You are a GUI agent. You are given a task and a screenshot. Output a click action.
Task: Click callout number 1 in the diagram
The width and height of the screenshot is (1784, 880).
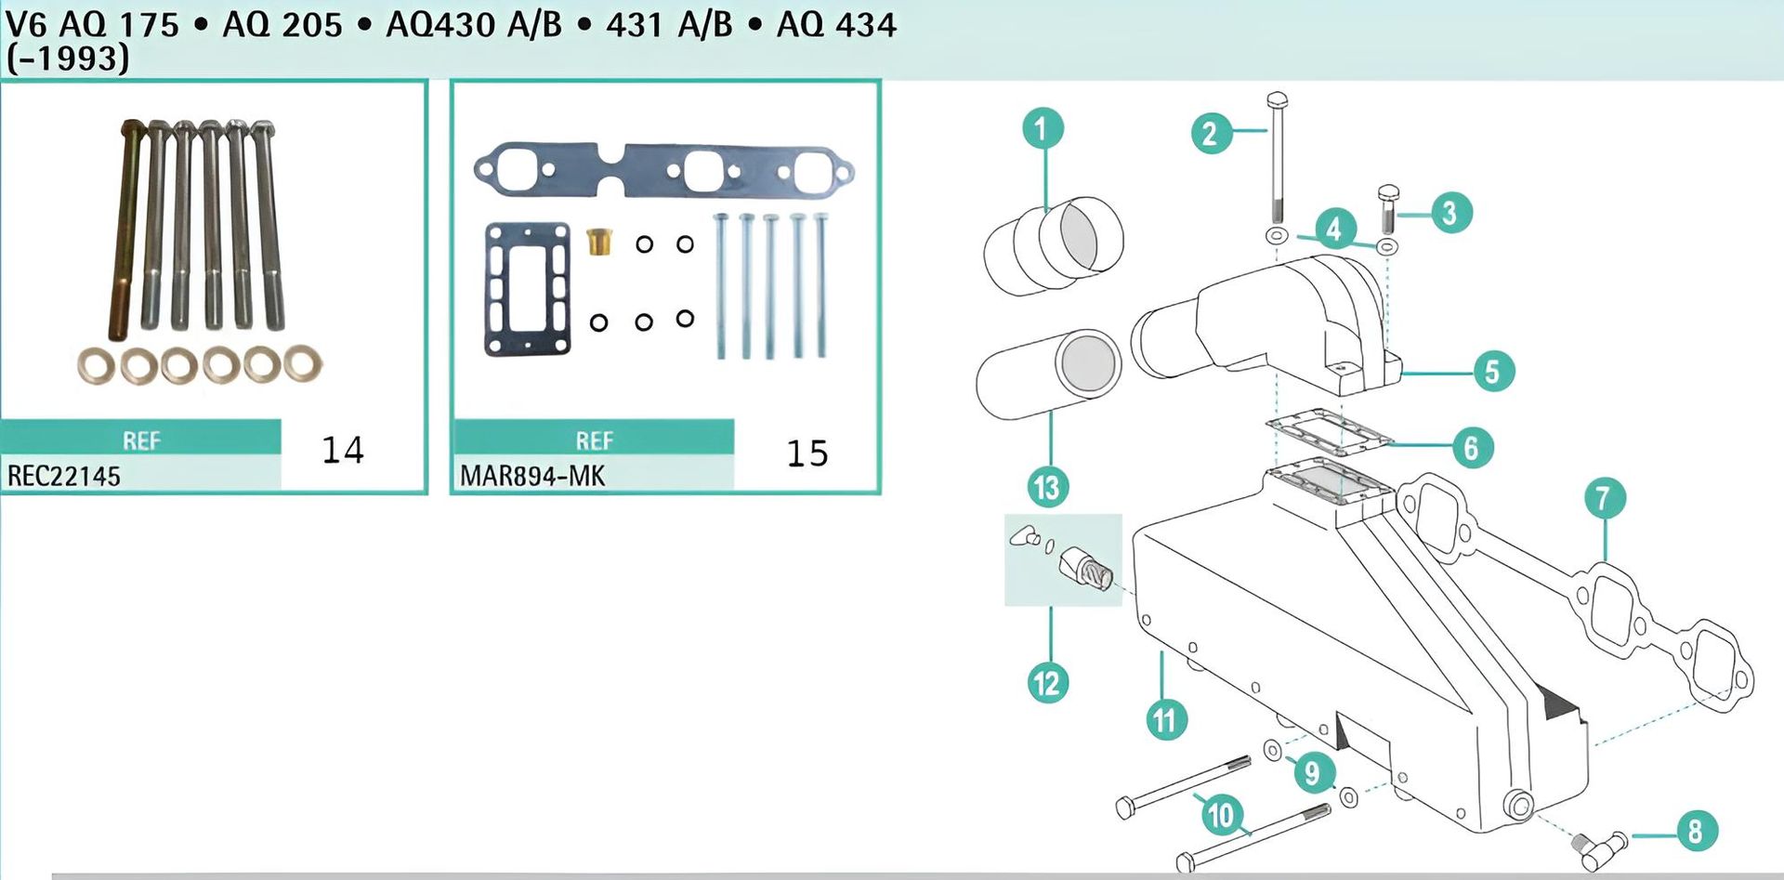pos(1043,128)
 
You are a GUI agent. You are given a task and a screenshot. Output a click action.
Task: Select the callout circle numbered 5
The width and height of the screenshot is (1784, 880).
pos(1493,371)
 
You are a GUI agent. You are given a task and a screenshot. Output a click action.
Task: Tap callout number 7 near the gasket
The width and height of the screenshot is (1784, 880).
pos(1605,499)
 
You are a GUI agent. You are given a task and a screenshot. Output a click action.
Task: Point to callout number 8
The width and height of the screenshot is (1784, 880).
pos(1696,830)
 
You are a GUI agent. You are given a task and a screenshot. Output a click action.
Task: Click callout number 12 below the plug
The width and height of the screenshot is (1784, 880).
pos(1048,683)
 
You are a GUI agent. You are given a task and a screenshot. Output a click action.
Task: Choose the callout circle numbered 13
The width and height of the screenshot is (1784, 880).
pos(1047,487)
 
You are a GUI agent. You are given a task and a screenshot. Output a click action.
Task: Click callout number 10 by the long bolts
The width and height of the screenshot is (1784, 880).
pos(1220,815)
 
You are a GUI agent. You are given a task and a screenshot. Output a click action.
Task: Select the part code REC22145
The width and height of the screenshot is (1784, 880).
pos(64,476)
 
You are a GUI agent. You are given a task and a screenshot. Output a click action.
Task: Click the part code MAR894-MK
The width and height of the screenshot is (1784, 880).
pos(531,476)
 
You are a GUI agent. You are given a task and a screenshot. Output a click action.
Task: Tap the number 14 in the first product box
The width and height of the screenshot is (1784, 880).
pos(343,451)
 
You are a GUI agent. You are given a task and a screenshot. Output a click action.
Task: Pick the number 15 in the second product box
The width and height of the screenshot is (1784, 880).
pos(807,453)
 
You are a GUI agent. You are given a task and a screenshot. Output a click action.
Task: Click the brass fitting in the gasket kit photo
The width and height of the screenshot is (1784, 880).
pos(599,243)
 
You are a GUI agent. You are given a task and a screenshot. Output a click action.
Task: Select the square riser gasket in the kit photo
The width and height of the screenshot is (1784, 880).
pos(527,288)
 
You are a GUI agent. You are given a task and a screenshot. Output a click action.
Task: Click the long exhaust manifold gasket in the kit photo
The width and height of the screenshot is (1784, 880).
pos(662,169)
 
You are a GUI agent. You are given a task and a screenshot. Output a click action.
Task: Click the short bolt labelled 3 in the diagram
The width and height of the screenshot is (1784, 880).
pos(1388,209)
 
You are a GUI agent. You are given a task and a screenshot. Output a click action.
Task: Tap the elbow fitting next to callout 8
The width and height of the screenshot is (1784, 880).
pos(1601,844)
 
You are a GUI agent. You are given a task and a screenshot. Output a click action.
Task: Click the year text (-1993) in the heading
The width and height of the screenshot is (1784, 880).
pos(67,59)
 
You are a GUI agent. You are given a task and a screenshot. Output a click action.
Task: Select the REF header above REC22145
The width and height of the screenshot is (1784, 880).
pos(141,440)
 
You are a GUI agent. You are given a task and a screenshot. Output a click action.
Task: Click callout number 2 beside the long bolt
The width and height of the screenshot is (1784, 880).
pos(1211,134)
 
